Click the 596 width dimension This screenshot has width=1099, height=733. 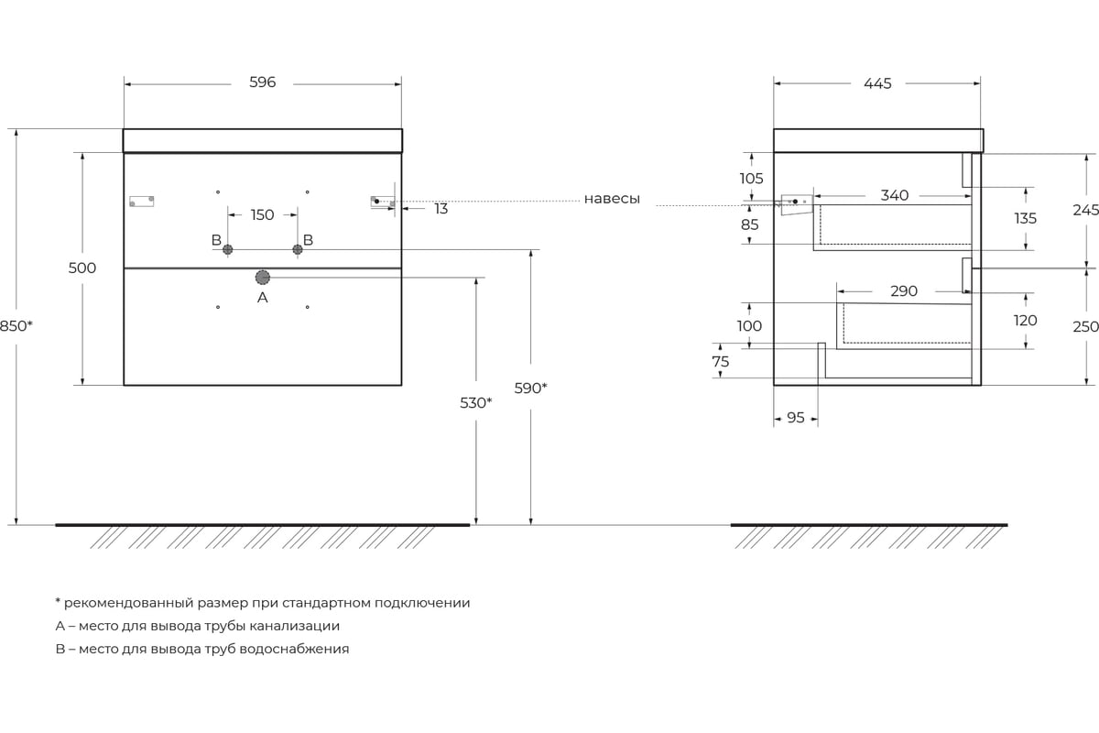(x=263, y=82)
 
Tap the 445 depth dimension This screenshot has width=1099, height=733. (x=877, y=83)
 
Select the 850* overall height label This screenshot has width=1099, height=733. (x=16, y=325)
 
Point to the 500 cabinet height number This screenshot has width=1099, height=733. (x=82, y=268)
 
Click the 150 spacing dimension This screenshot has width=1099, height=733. (x=262, y=214)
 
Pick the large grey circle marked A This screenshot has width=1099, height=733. (x=263, y=278)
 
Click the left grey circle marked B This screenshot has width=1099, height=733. (x=228, y=249)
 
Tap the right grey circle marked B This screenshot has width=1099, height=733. (x=298, y=249)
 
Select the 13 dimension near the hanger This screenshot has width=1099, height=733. (x=441, y=209)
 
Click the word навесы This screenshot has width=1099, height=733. (x=612, y=199)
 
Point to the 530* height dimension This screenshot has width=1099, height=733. (x=475, y=402)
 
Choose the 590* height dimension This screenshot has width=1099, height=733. (x=530, y=388)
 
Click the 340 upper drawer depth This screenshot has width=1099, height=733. (x=895, y=195)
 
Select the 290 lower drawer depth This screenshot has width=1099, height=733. (x=904, y=291)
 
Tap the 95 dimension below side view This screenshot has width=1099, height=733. (x=795, y=417)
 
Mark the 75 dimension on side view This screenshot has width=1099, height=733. (x=720, y=361)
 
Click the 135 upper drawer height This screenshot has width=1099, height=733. (x=1026, y=218)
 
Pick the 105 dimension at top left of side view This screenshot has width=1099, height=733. (x=751, y=179)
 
